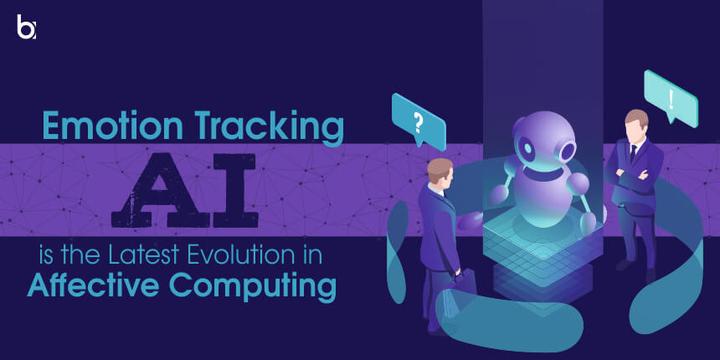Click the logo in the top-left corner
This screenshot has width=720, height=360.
[x=27, y=27]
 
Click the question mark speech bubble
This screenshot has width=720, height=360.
[x=417, y=123]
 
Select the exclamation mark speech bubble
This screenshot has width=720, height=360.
[x=669, y=98]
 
